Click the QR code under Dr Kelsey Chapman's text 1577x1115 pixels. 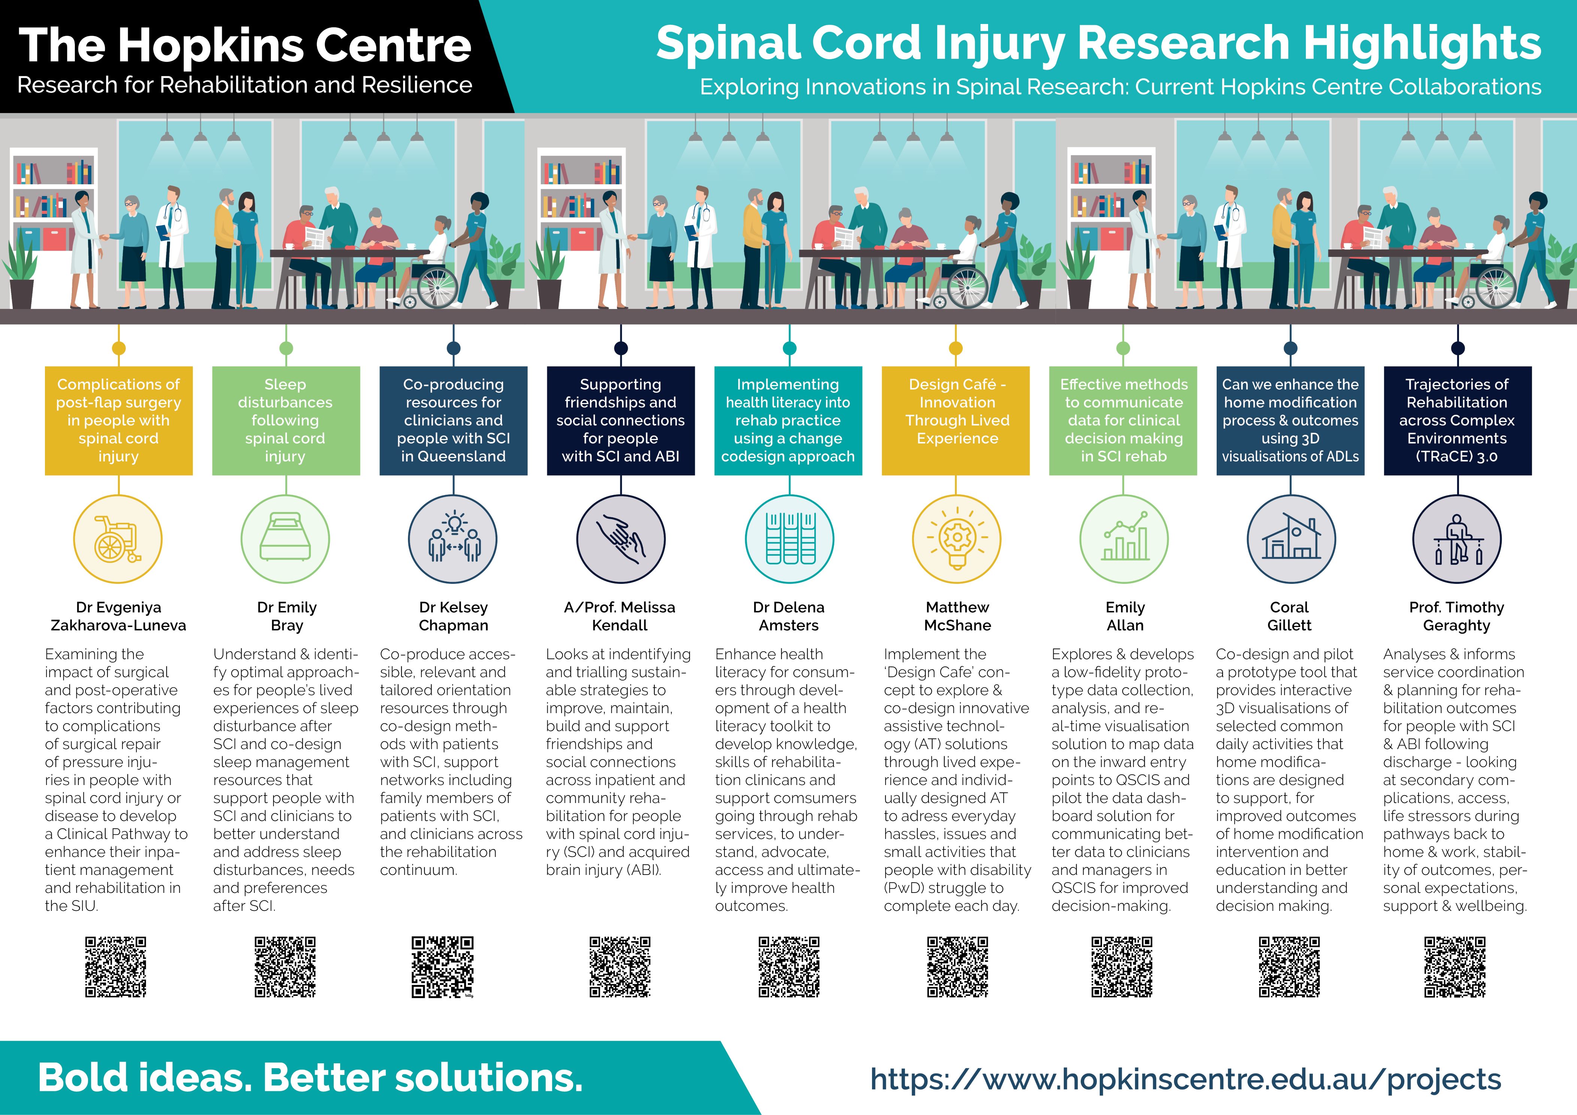442,967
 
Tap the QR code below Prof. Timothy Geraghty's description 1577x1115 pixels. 1455,967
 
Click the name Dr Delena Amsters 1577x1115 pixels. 788,616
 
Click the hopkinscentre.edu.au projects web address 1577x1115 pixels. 1186,1079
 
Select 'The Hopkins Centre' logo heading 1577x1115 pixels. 245,45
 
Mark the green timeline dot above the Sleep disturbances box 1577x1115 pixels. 287,348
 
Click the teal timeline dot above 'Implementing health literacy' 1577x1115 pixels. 789,348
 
